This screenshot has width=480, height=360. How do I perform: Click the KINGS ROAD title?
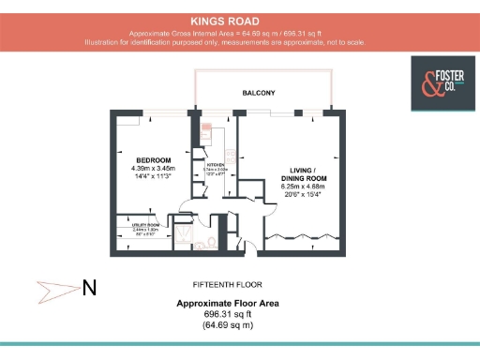tap(225, 20)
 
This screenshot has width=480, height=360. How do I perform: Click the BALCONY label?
tap(259, 93)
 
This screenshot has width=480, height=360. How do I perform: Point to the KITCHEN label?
tap(217, 163)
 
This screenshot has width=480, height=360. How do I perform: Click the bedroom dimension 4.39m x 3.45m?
tap(153, 169)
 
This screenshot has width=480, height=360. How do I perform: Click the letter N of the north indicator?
tap(89, 288)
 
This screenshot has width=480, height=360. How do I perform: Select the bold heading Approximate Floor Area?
tap(228, 304)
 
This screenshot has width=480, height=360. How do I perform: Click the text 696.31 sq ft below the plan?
tap(228, 314)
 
